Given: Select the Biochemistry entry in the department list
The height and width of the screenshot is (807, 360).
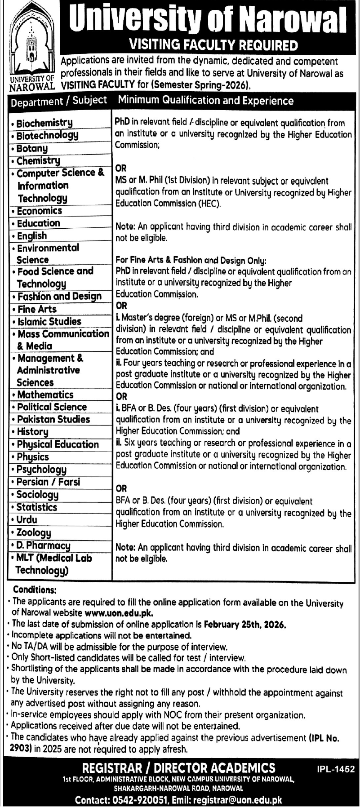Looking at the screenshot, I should pyautogui.click(x=44, y=123).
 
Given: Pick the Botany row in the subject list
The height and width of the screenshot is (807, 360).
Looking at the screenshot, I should pyautogui.click(x=32, y=148).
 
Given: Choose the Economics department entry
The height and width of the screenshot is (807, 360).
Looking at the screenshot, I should pyautogui.click(x=40, y=210).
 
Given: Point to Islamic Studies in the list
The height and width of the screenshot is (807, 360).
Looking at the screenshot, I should pyautogui.click(x=49, y=321).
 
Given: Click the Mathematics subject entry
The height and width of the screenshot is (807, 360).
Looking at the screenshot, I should pyautogui.click(x=45, y=395).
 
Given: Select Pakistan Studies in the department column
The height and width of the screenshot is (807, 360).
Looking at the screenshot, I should pyautogui.click(x=53, y=419).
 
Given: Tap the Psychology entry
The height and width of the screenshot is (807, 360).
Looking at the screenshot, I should pyautogui.click(x=41, y=470).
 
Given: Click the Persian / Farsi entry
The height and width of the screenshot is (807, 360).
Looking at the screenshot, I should pyautogui.click(x=49, y=482).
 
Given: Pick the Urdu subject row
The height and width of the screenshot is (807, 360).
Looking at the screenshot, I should pyautogui.click(x=27, y=520).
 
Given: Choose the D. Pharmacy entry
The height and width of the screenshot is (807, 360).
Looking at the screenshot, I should pyautogui.click(x=43, y=545).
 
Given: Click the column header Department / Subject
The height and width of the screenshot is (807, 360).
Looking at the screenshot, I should pyautogui.click(x=59, y=101).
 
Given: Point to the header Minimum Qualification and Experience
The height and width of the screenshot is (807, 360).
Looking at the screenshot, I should pyautogui.click(x=206, y=101).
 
